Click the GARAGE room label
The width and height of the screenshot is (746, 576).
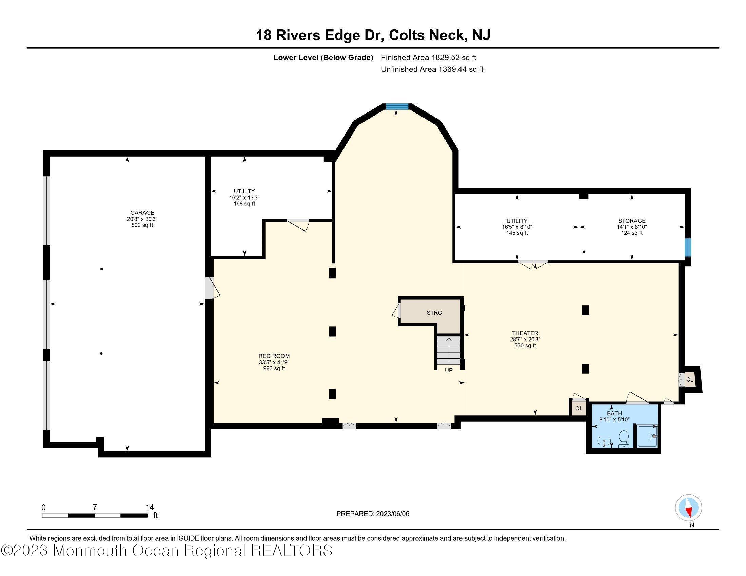[x=142, y=212]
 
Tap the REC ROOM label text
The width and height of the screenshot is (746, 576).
[x=274, y=356]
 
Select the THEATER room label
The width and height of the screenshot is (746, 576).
[x=525, y=333]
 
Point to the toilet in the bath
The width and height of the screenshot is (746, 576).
[x=623, y=438]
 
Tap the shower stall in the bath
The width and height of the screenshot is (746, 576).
[x=646, y=436]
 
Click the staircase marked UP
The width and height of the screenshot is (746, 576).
[x=449, y=351]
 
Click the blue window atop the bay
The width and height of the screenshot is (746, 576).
[x=397, y=106]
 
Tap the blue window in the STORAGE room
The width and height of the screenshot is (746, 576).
[x=688, y=247]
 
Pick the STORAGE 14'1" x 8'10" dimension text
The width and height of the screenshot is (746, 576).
[x=632, y=227]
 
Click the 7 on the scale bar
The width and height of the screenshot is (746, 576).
[x=95, y=507]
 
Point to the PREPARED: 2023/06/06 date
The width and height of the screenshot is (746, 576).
[x=373, y=514]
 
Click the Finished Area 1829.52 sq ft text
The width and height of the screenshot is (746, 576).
[x=429, y=57]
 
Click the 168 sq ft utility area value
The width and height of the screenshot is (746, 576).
[x=244, y=204]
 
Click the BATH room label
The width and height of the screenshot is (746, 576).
[x=614, y=414]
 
